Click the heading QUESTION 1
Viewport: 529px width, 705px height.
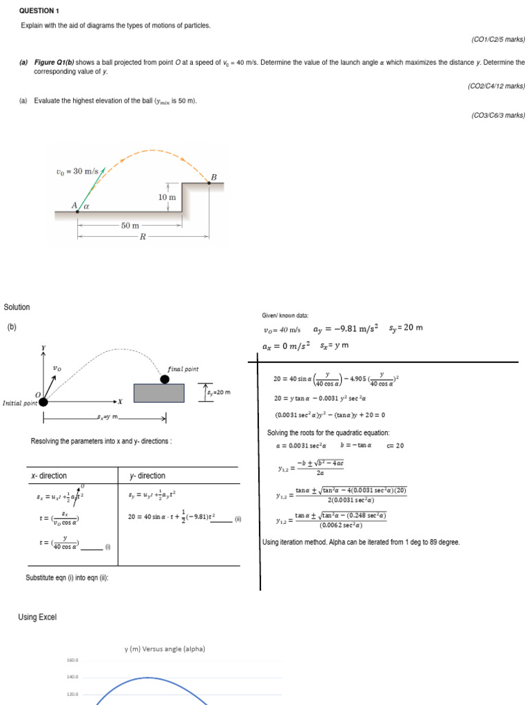click(39, 11)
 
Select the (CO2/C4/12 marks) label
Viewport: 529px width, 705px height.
click(496, 86)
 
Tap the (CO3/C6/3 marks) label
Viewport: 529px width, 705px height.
click(497, 116)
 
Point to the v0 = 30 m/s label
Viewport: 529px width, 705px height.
click(77, 171)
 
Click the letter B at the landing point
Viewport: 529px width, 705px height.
click(214, 177)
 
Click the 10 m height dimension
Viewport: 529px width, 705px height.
click(167, 197)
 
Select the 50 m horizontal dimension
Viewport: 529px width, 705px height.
click(130, 225)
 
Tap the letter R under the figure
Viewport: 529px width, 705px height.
click(143, 237)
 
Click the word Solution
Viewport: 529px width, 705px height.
click(17, 307)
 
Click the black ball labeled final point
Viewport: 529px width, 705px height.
click(165, 379)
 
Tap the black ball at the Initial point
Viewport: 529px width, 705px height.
click(43, 401)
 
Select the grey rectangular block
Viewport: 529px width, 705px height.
click(159, 392)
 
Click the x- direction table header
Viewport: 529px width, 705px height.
click(49, 476)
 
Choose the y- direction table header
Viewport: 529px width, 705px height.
click(147, 476)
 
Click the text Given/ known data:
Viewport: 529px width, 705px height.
click(285, 315)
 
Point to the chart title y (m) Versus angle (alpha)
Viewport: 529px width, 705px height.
click(165, 649)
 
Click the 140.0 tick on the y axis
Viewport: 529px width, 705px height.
click(73, 677)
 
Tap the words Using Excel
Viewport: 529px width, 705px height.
click(37, 617)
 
